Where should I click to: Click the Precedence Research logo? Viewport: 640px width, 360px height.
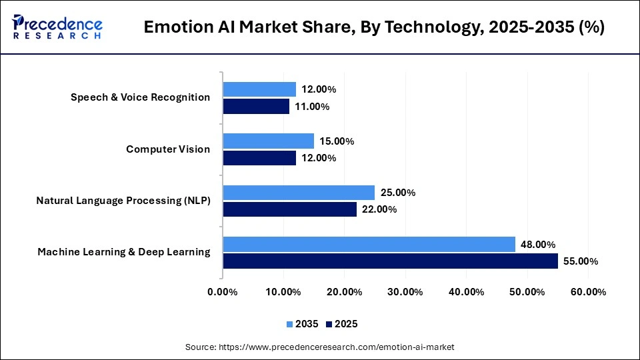pyautogui.click(x=57, y=27)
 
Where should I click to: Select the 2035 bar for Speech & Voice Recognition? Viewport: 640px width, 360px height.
pyautogui.click(x=259, y=89)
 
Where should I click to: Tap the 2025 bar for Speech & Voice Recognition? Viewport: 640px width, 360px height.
pyautogui.click(x=256, y=106)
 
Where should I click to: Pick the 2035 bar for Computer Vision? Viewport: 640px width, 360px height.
pyautogui.click(x=268, y=141)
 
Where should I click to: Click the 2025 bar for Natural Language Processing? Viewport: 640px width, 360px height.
pyautogui.click(x=289, y=209)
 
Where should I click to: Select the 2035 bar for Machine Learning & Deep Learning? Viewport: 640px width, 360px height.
pyautogui.click(x=369, y=244)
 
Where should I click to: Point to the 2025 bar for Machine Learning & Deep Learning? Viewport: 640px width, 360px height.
pyautogui.click(x=390, y=261)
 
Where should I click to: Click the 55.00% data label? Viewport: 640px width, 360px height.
pyautogui.click(x=581, y=261)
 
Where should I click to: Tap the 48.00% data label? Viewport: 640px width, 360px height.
pyautogui.click(x=538, y=245)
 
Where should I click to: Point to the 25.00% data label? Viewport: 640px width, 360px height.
pyautogui.click(x=398, y=193)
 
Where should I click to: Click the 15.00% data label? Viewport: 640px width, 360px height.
pyautogui.click(x=337, y=141)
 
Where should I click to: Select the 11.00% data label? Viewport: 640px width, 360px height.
pyautogui.click(x=312, y=107)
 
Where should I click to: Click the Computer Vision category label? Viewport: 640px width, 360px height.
pyautogui.click(x=168, y=149)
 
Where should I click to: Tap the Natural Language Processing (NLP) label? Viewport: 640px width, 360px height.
pyautogui.click(x=123, y=200)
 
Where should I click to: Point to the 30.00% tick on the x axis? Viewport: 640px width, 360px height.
pyautogui.click(x=405, y=291)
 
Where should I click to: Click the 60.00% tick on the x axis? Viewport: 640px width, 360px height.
pyautogui.click(x=588, y=291)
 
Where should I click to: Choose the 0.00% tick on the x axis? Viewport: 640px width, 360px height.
pyautogui.click(x=223, y=291)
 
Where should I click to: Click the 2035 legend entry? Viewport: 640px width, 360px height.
pyautogui.click(x=303, y=324)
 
